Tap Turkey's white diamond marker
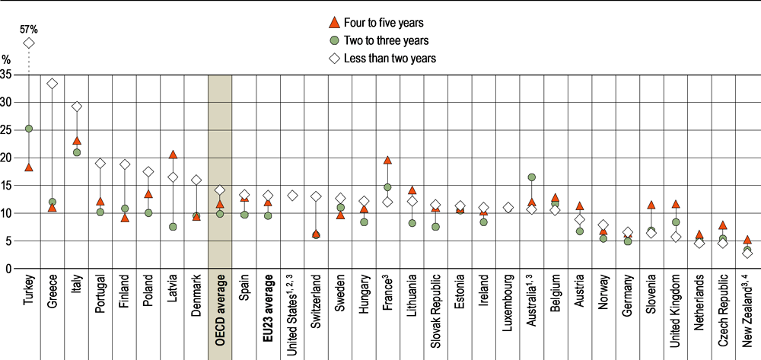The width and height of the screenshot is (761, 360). [x=29, y=43]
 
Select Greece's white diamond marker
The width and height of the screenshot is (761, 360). [x=53, y=84]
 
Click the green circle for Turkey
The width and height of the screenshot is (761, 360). [x=29, y=129]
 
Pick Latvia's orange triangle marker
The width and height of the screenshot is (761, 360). [x=173, y=155]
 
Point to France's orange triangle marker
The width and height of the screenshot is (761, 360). [x=387, y=160]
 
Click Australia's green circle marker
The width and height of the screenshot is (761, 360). [x=531, y=177]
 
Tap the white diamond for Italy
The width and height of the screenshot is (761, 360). [x=77, y=107]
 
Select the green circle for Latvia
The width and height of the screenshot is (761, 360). [x=173, y=227]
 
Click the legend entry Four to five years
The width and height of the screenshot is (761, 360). [x=378, y=22]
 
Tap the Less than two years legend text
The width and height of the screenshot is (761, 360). [x=390, y=58]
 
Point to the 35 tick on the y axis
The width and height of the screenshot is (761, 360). [x=6, y=75]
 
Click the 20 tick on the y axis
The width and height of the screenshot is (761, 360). [x=6, y=158]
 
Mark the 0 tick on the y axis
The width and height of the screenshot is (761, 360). [x=8, y=269]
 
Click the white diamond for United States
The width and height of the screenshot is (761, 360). [x=292, y=196]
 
